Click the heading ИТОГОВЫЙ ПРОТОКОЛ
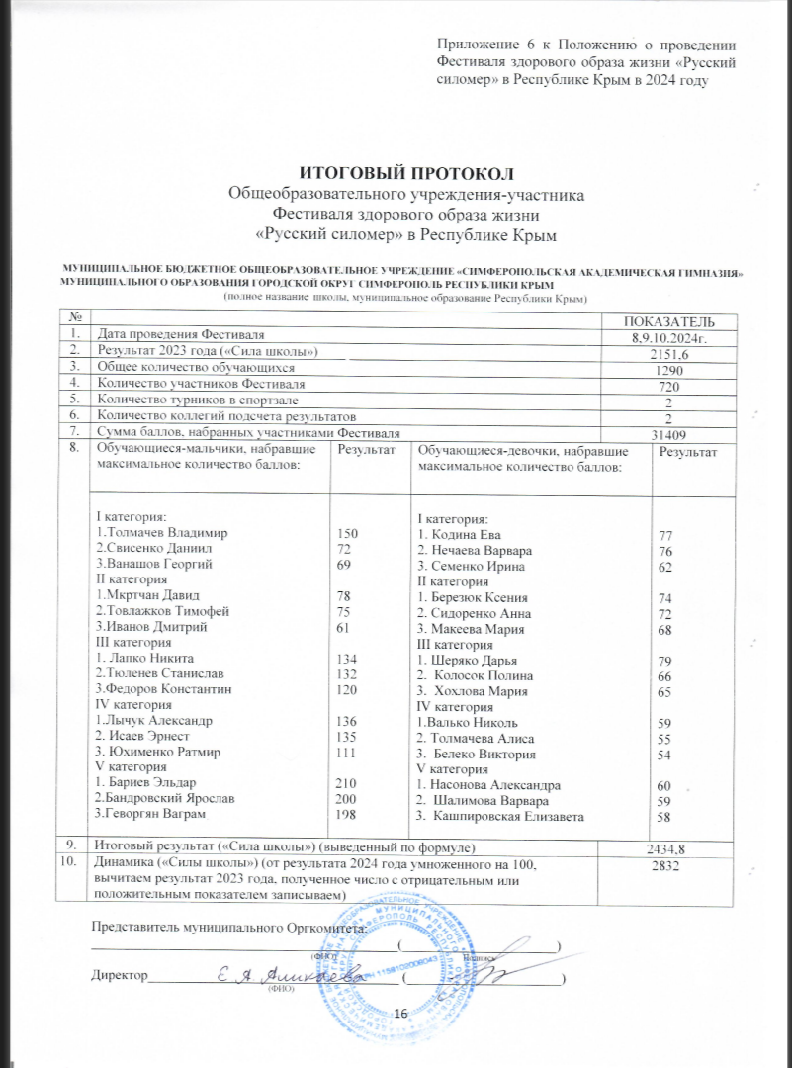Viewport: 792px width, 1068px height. point(396,175)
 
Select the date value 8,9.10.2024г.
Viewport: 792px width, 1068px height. point(671,338)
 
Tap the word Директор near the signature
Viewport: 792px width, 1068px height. point(118,976)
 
